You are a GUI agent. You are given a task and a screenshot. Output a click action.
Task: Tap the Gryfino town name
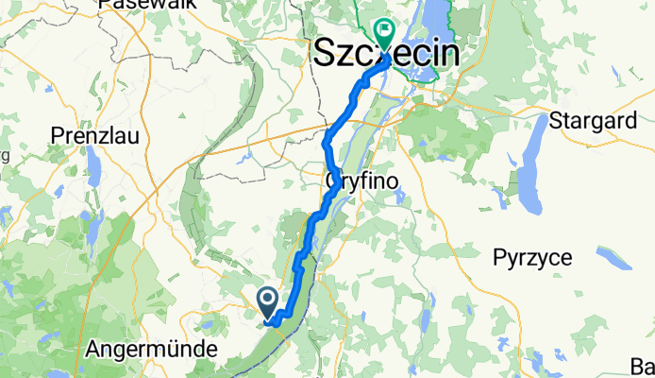click(358, 179)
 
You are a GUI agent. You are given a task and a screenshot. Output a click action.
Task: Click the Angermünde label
click(151, 349)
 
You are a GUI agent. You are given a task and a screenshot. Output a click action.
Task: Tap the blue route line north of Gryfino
click(327, 142)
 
